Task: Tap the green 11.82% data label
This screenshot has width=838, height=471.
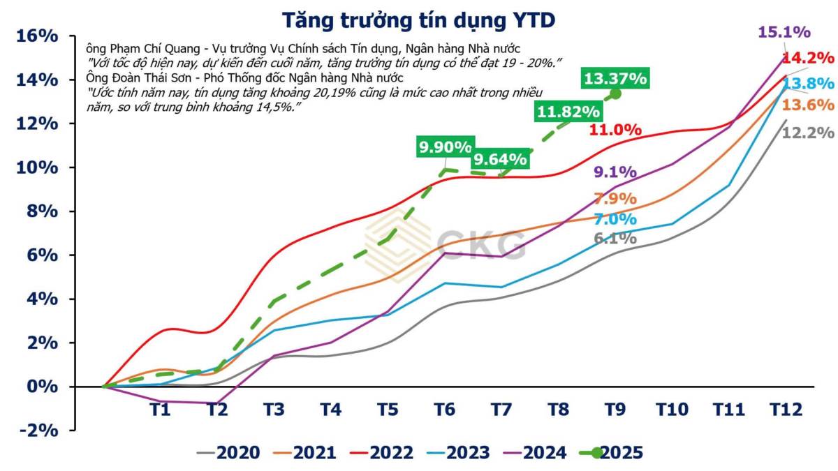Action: (567, 111)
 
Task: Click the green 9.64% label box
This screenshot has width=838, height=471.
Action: (499, 159)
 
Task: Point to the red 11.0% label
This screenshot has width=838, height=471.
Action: (615, 129)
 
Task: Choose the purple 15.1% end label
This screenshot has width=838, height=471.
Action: (784, 31)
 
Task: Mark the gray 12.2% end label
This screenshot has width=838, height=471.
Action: (808, 132)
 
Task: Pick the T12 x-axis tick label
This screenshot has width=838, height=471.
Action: (782, 409)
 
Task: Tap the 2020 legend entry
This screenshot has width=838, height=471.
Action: (228, 452)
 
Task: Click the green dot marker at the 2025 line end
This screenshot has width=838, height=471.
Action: (615, 94)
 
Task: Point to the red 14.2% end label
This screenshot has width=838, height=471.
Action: (808, 57)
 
